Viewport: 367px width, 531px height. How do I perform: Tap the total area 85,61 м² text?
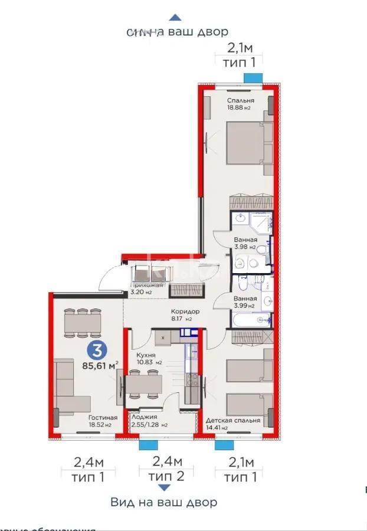click(100, 365)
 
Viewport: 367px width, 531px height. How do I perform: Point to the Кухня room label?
click(146, 355)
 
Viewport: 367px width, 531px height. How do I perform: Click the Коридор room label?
click(185, 312)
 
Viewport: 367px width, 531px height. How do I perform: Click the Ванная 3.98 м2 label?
click(244, 240)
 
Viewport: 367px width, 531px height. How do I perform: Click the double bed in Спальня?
click(248, 144)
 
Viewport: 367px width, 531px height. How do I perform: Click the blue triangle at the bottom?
click(165, 487)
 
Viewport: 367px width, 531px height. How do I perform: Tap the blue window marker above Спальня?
click(253, 77)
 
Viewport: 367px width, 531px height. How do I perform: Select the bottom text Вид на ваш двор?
click(163, 503)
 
